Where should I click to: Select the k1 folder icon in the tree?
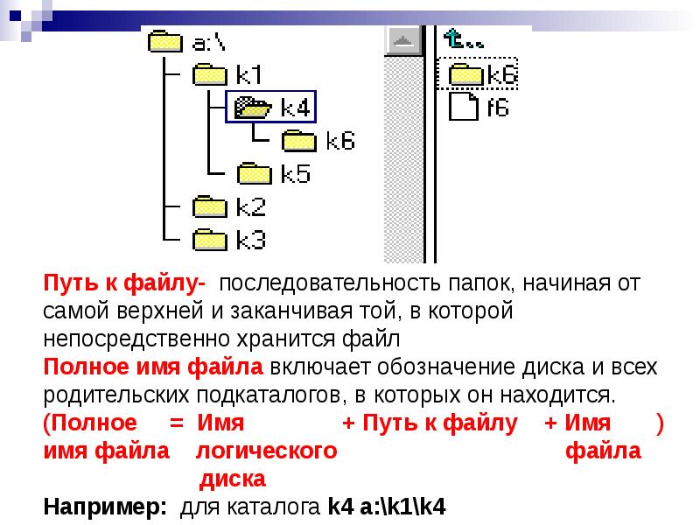tap(209, 74)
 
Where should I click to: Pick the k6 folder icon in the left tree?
tap(299, 140)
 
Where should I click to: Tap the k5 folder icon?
tap(255, 173)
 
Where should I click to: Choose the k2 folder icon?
tap(209, 206)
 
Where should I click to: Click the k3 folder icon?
tap(209, 239)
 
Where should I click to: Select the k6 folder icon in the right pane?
tap(466, 74)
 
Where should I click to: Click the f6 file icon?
tap(464, 108)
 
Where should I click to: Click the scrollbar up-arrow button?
tap(403, 40)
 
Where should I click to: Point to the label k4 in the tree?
tap(296, 108)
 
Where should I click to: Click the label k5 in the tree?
tap(296, 173)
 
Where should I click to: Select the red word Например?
tap(104, 507)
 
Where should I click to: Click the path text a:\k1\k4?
tap(402, 507)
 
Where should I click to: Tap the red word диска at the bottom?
tap(233, 479)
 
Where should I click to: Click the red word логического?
tap(267, 451)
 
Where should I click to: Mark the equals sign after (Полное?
tap(176, 423)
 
